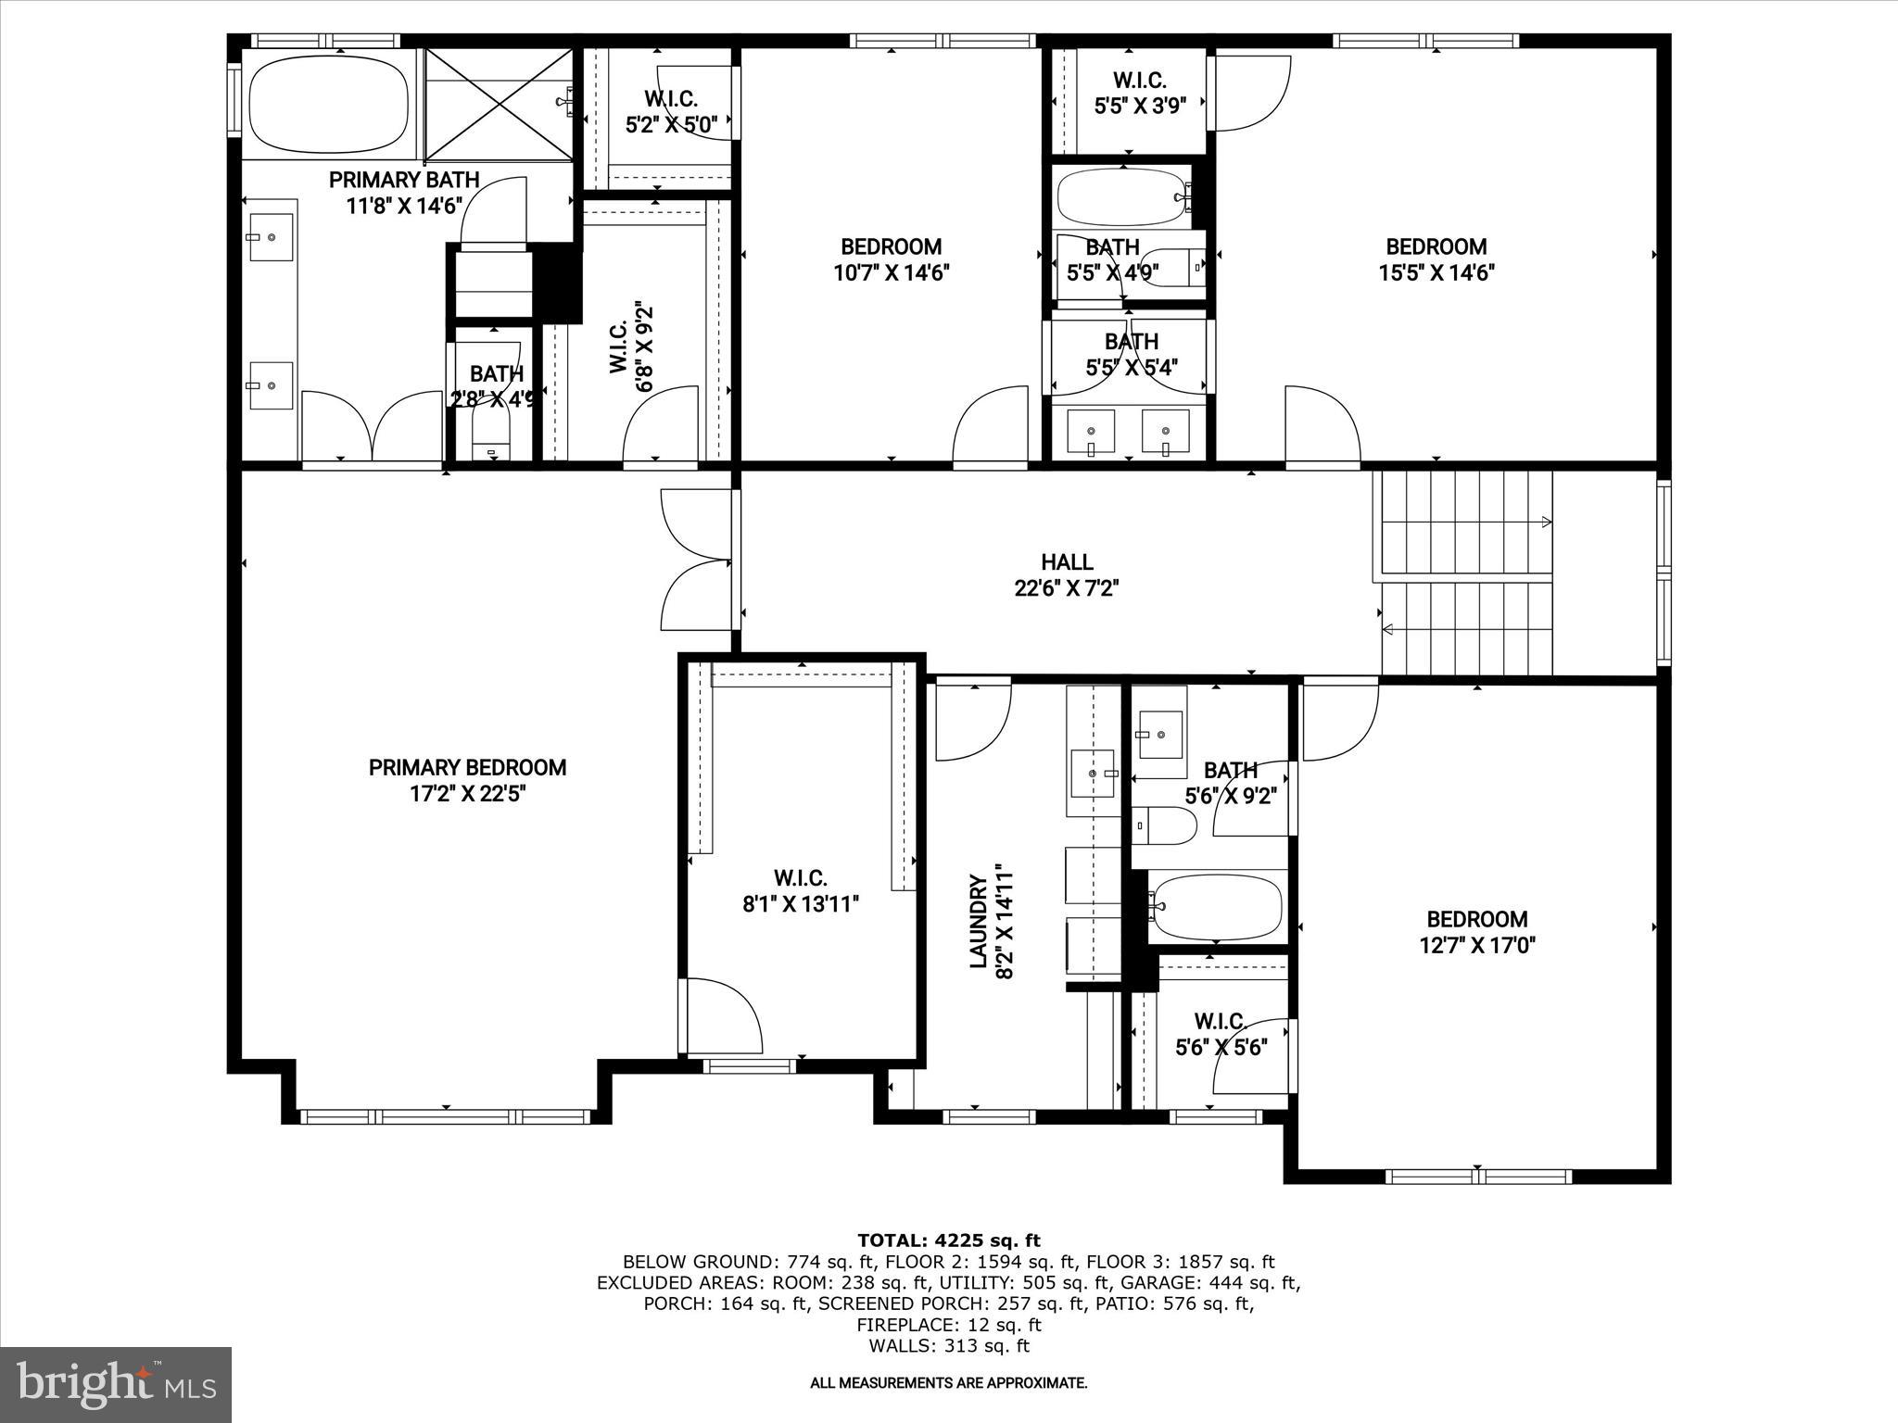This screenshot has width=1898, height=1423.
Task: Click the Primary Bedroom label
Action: [x=467, y=768]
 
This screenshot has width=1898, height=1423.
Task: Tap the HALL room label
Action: [x=1067, y=562]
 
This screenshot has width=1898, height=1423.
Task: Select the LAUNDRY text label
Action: [x=978, y=921]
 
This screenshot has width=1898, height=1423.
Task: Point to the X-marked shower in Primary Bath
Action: [x=499, y=105]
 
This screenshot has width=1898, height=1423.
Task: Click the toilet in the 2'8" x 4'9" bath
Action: [x=492, y=435]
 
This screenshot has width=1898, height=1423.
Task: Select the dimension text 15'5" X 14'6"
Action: [x=1436, y=272]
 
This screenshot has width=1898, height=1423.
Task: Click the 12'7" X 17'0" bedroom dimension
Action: [x=1477, y=945]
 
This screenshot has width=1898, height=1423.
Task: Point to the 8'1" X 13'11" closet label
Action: [x=801, y=904]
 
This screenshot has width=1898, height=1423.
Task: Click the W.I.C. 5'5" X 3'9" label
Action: [x=1140, y=94]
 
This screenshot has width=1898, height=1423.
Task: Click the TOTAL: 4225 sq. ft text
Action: [x=948, y=1240]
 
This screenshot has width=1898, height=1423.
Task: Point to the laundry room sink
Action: [x=1093, y=772]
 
